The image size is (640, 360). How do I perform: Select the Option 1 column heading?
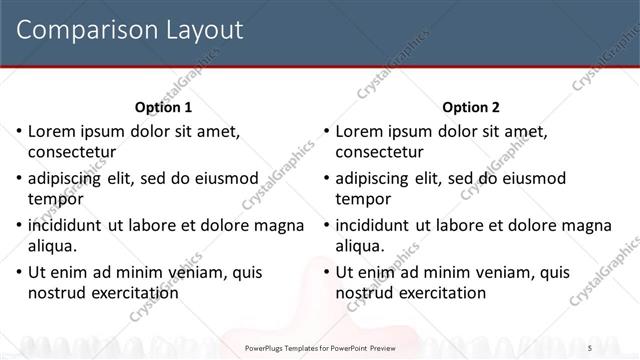coord(163,107)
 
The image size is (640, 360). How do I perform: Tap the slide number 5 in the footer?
coord(619,347)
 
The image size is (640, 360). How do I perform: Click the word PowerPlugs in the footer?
coord(270,347)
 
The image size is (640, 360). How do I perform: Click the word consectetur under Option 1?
coord(72,152)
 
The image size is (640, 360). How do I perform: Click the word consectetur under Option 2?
coord(379,152)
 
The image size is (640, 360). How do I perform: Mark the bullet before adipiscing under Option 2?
coord(325,178)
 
